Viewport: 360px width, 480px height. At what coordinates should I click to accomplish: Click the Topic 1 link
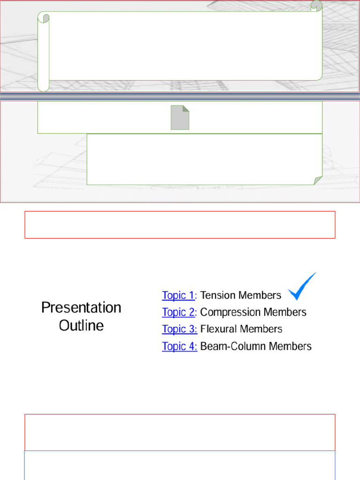(x=179, y=295)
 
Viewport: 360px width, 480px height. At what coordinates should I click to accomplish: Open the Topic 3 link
(x=180, y=329)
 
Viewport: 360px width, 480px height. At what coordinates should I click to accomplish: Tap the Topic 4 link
(x=180, y=346)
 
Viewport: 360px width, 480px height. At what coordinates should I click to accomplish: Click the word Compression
(x=230, y=312)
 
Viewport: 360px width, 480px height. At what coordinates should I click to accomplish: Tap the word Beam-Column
(x=233, y=346)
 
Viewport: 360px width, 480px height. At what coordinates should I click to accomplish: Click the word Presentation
(x=82, y=307)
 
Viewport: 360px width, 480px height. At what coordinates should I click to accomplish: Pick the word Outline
(x=82, y=325)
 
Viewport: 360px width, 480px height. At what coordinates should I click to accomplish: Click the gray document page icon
(x=180, y=118)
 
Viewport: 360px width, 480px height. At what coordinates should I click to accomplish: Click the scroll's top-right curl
(x=316, y=6)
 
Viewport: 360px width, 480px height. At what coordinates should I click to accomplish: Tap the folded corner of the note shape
(x=318, y=180)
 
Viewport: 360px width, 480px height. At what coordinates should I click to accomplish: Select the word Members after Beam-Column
(x=290, y=346)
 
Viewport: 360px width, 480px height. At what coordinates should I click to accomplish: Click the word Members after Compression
(x=285, y=312)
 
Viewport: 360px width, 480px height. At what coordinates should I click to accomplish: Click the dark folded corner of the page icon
(x=186, y=109)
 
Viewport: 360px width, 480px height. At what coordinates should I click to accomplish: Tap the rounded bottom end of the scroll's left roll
(x=44, y=88)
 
